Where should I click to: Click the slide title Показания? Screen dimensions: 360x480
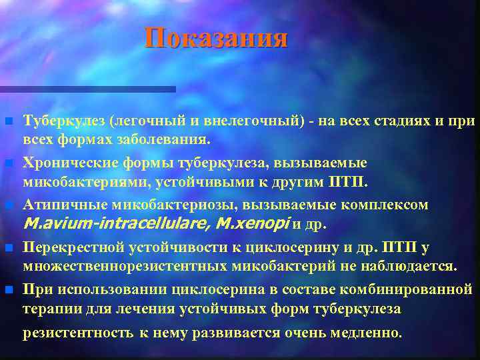217,39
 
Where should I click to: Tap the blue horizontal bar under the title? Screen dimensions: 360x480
87,89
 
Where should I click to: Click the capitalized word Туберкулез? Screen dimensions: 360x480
64,121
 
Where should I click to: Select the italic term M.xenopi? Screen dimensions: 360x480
247,224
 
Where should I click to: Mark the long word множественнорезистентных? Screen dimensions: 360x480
127,267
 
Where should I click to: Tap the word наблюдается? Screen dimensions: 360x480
409,267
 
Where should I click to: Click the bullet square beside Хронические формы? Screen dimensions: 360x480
8,163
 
